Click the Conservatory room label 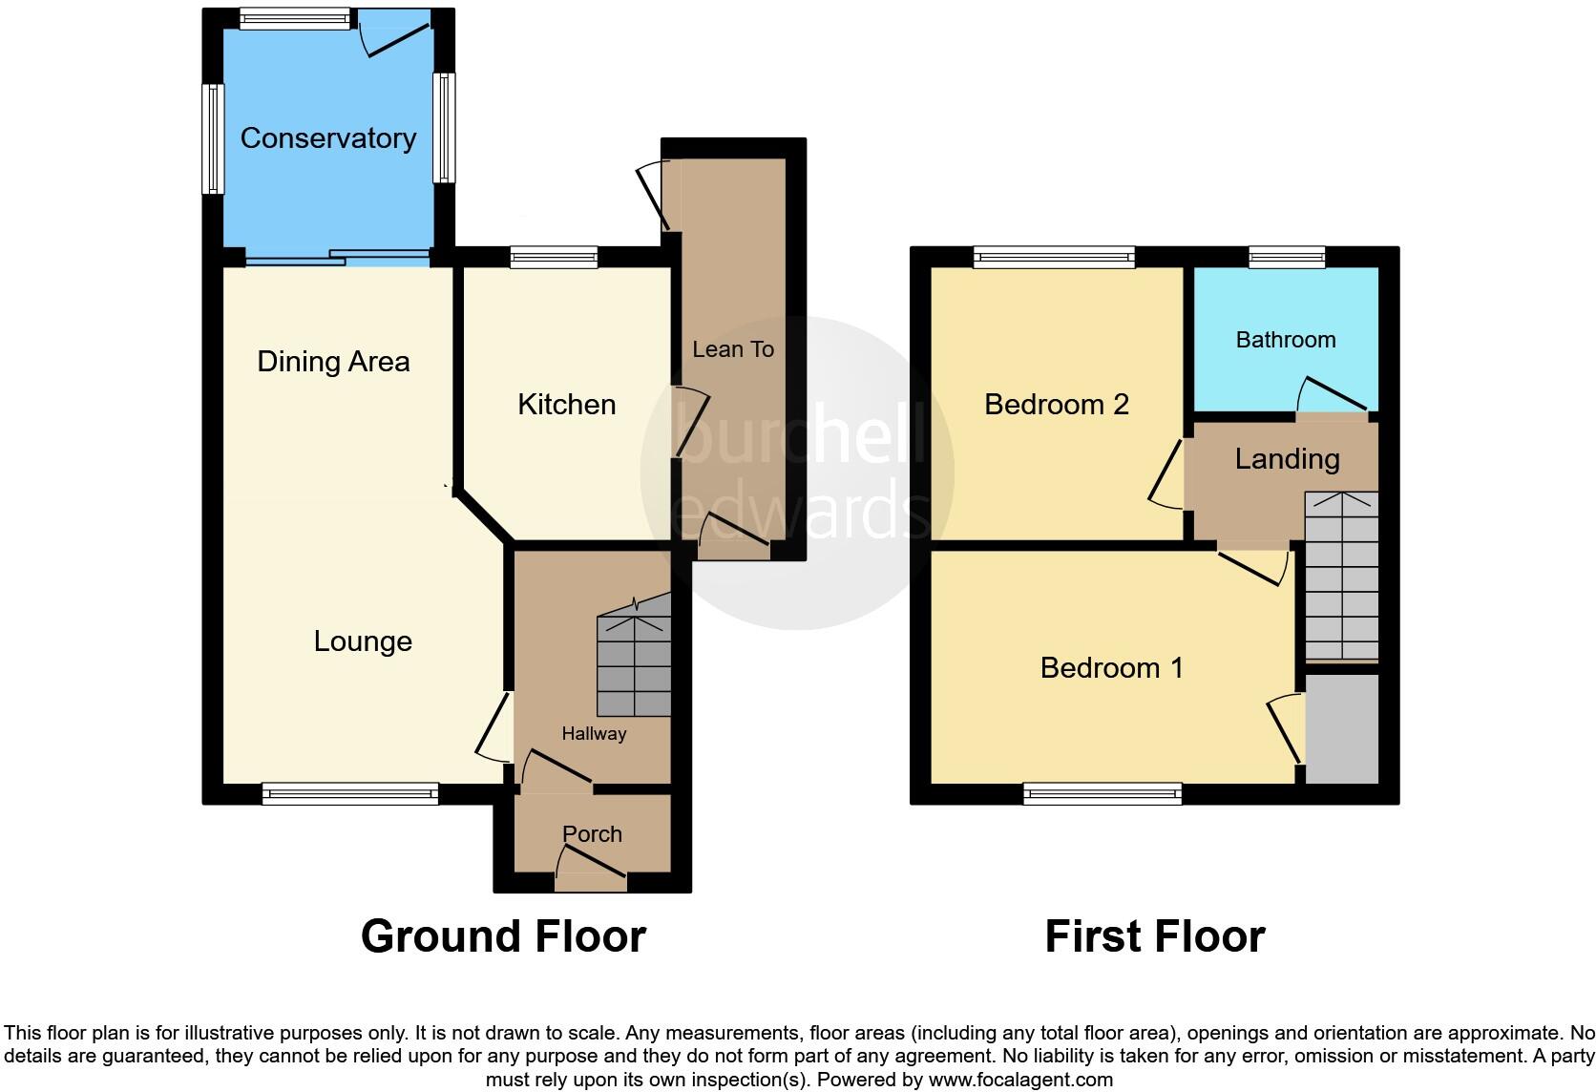coord(327,138)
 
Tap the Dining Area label coord(333,362)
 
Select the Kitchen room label coord(566,405)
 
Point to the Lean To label coord(732,349)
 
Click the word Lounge coord(363,641)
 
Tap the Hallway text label coord(594,734)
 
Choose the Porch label coord(592,834)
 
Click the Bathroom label coord(1285,340)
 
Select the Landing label coord(1287,459)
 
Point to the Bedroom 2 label coord(1056,405)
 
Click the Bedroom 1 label coord(1111,668)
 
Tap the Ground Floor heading coord(503,936)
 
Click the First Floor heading coord(1154,936)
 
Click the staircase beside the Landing coord(1341,577)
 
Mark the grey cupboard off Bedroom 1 coord(1341,730)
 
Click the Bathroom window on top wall coord(1287,256)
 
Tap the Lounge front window coord(350,793)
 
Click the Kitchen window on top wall coord(554,256)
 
